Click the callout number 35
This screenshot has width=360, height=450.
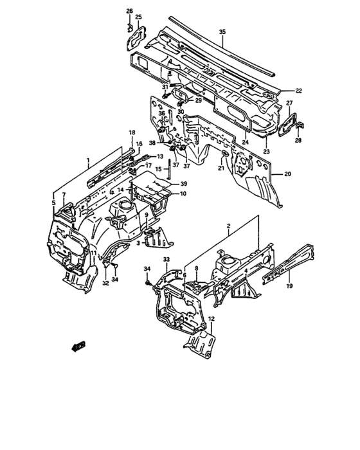pos(222,32)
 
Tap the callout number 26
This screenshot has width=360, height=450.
pos(129,12)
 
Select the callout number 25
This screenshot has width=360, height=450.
pos(139,17)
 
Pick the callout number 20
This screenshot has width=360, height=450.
pos(287,174)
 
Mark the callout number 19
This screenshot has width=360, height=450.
pos(289,287)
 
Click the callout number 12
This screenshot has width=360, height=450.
pos(211,319)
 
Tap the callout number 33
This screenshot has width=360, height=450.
pos(165,259)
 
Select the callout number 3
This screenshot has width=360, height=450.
pos(138,243)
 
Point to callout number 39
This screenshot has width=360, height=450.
pos(183,184)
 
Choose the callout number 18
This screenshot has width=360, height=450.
pos(132,132)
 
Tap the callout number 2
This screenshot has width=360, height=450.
pos(228,226)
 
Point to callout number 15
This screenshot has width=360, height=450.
pos(158,169)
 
